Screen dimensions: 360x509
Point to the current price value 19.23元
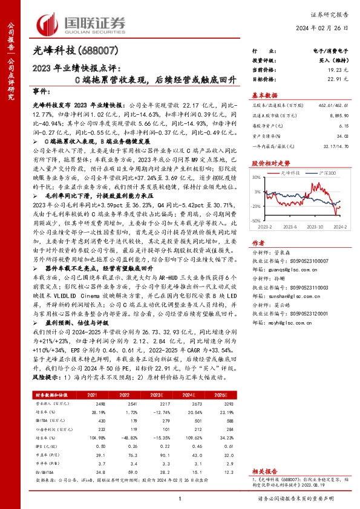(x=339, y=71)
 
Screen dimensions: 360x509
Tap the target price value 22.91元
(x=339, y=79)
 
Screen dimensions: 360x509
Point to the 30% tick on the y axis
(x=257, y=177)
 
